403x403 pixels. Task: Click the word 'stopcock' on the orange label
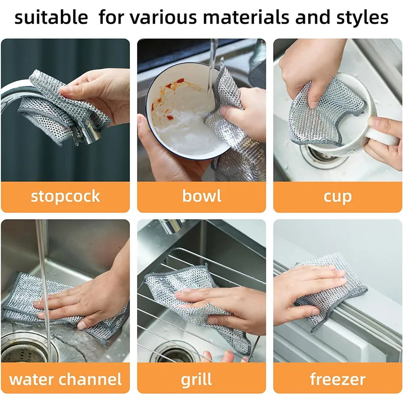[65, 196]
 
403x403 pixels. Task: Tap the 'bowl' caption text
[201, 196]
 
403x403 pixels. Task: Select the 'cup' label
[338, 196]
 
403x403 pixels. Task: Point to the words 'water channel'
[65, 379]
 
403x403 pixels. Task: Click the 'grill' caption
[201, 379]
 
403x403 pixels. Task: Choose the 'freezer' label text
[338, 379]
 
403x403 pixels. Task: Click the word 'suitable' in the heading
[50, 18]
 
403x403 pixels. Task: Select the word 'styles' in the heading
[359, 18]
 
